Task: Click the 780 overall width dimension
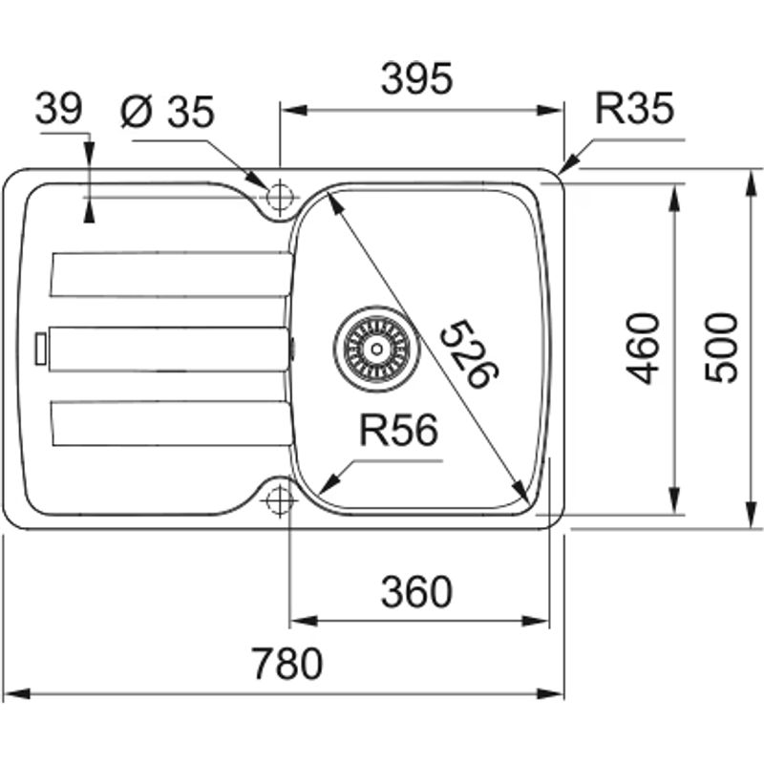click(286, 663)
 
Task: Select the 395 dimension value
click(416, 81)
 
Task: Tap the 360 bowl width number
click(416, 593)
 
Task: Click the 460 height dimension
click(645, 347)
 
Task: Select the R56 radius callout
click(398, 432)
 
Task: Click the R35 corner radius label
click(634, 109)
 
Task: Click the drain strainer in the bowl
click(375, 344)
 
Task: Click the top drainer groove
click(170, 274)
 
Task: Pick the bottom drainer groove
click(170, 423)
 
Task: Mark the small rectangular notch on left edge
click(40, 349)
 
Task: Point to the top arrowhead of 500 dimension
click(751, 177)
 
